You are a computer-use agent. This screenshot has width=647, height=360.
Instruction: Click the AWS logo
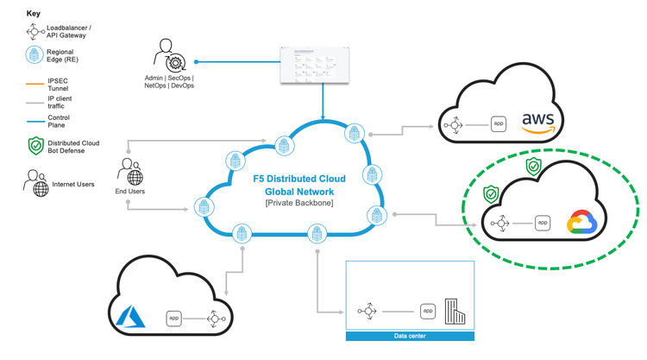click(x=542, y=123)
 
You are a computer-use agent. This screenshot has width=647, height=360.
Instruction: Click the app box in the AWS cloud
click(x=499, y=124)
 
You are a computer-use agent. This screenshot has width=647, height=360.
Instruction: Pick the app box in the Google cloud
click(x=543, y=223)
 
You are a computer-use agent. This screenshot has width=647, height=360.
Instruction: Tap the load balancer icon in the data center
click(x=367, y=310)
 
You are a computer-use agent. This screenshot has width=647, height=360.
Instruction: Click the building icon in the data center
click(x=454, y=310)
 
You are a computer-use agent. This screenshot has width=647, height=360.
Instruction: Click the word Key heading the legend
click(x=33, y=14)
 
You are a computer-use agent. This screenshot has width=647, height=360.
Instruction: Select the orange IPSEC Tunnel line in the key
click(x=35, y=85)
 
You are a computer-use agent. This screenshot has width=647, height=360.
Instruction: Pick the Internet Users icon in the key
click(x=36, y=183)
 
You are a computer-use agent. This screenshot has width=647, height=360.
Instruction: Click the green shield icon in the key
click(x=35, y=145)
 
